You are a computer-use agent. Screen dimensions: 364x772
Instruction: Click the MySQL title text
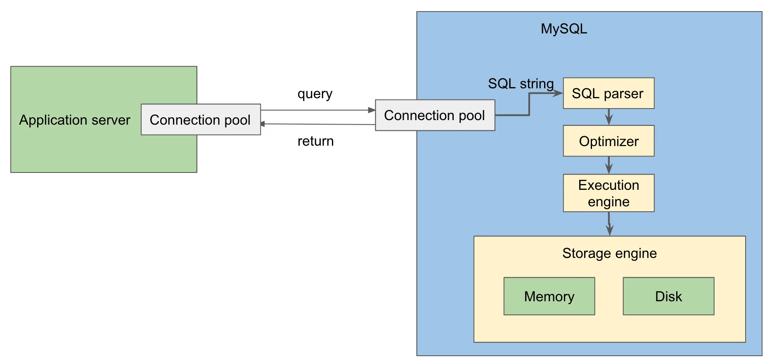564,29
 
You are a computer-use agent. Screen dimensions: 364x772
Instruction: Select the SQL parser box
608,93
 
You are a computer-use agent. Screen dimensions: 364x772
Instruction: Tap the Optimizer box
608,141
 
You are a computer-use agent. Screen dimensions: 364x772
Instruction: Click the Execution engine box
608,193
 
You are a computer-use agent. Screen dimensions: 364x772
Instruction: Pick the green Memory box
549,296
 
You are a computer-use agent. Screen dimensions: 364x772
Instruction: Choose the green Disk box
668,296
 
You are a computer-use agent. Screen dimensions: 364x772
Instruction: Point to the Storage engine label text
609,253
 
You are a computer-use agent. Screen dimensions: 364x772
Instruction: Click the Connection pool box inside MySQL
434,116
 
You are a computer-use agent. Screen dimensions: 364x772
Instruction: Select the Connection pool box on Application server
200,120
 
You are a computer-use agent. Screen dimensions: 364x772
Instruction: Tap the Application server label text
75,120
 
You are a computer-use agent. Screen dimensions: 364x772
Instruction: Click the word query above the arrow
315,94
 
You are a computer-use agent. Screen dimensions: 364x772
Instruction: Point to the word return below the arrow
315,141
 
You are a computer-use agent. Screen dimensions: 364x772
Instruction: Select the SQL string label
521,84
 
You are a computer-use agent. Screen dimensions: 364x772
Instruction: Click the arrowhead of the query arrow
372,110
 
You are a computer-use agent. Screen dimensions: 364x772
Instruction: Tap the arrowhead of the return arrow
263,124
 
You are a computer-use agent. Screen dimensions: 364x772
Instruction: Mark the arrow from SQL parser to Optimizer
609,117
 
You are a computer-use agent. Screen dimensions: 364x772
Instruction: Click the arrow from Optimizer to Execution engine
609,165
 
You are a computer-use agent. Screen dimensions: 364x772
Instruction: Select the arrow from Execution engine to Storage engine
609,224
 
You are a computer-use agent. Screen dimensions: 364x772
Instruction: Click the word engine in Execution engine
609,202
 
